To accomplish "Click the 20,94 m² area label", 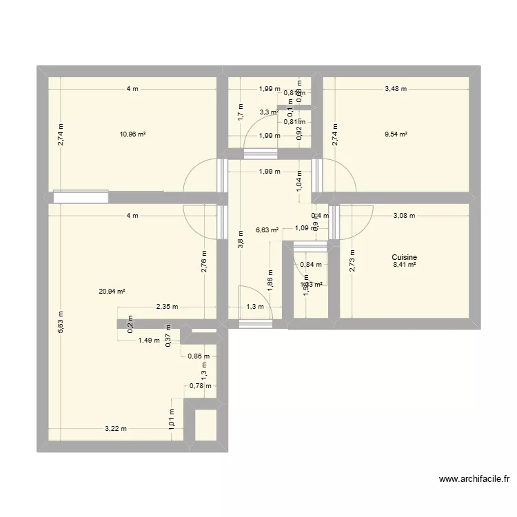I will coord(112,292).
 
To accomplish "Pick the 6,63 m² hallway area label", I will coord(267,230).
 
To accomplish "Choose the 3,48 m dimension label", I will coord(396,89).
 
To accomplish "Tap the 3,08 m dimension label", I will coord(404,215).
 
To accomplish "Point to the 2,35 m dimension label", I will coord(166,307).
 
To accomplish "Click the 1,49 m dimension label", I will coord(149,340).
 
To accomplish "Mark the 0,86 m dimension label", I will coord(199,356).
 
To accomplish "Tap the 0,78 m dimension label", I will coord(200,386).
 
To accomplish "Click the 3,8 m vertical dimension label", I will coord(240,238).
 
